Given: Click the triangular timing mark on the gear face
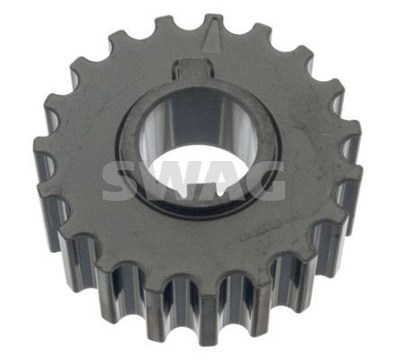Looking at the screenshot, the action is [x=212, y=37].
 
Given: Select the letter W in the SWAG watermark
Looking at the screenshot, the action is [x=166, y=181].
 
